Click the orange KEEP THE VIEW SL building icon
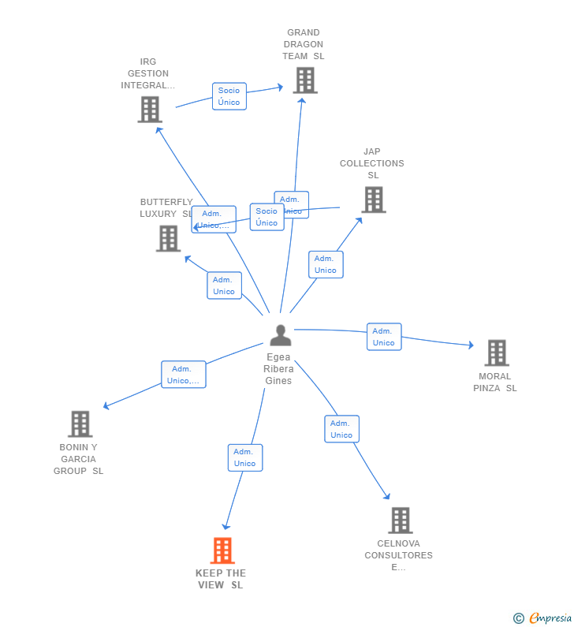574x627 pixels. tap(222, 550)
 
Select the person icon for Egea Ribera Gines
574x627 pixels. tap(280, 335)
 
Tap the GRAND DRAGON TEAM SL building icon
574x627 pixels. tap(304, 80)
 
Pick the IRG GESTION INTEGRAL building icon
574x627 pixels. tap(150, 110)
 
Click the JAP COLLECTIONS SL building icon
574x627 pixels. tap(373, 200)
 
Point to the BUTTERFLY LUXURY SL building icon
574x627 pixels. tap(168, 238)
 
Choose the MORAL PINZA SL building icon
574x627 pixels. tap(496, 353)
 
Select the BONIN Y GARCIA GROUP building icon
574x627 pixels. tap(80, 424)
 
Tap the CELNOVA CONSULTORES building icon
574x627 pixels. tap(400, 521)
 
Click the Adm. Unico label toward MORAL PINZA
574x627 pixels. tap(384, 337)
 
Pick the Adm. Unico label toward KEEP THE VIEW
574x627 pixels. tap(245, 457)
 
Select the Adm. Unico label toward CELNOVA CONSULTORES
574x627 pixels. tap(341, 429)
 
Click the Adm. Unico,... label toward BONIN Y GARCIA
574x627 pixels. tap(184, 375)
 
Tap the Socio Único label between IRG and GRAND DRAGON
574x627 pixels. tap(229, 96)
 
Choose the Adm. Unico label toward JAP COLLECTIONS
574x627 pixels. tap(326, 264)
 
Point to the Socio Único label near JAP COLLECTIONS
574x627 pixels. tap(266, 217)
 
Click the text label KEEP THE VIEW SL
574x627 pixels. tap(221, 579)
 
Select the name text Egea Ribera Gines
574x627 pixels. tap(278, 369)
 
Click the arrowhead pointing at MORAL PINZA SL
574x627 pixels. tap(471, 345)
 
